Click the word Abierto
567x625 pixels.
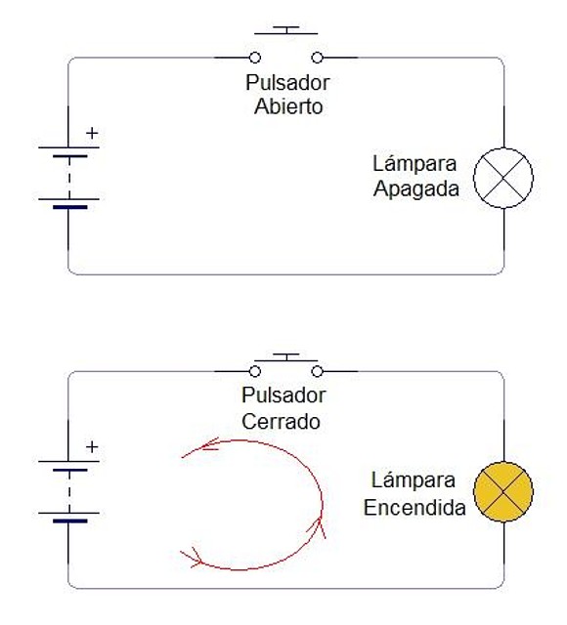point(288,106)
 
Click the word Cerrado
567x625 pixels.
point(281,421)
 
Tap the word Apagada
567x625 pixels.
point(416,188)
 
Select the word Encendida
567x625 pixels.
point(414,508)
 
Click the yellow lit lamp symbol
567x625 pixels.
point(503,492)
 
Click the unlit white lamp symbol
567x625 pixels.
point(503,178)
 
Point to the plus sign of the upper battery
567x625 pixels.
point(92,133)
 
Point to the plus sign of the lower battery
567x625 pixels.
point(92,447)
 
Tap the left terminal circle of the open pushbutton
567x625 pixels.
point(255,58)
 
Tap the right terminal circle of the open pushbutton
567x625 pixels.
point(317,58)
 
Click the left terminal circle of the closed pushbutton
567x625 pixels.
point(255,371)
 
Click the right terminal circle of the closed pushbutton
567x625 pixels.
point(317,371)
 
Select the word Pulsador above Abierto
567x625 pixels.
point(287,82)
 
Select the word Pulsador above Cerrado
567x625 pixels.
point(283,396)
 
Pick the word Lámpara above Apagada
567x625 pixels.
point(414,163)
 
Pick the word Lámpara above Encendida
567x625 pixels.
point(414,479)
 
